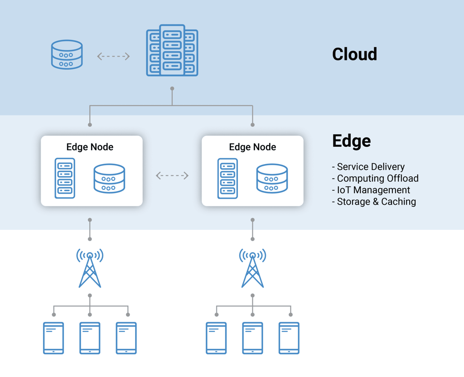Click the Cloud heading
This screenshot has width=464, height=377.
[354, 54]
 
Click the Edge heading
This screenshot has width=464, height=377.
[351, 141]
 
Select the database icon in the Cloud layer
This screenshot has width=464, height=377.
[67, 55]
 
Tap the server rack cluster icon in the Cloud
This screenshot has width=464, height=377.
[172, 50]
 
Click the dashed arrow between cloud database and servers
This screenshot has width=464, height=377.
[113, 56]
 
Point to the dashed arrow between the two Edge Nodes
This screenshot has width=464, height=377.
[172, 175]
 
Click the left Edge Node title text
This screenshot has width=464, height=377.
[90, 147]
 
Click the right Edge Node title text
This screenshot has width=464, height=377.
[252, 147]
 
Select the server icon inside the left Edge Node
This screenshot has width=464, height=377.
[65, 178]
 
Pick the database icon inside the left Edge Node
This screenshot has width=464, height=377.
[109, 179]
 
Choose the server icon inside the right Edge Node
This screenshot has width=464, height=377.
[227, 178]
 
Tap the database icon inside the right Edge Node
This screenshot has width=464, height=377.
[272, 179]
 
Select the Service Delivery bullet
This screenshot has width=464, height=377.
[368, 167]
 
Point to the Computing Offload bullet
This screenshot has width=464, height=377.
[375, 179]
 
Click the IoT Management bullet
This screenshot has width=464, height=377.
[371, 190]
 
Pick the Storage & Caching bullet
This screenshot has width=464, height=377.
[374, 202]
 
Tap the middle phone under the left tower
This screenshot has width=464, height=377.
[90, 338]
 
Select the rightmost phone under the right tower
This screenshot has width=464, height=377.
[289, 338]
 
